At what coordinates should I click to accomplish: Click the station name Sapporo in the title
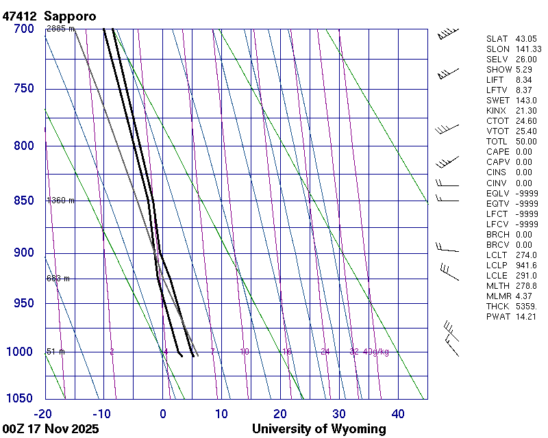click(70, 15)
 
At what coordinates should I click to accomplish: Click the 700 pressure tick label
click(23, 29)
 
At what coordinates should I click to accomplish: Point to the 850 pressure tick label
click(23, 201)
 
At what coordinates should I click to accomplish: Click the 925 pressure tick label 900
click(23, 253)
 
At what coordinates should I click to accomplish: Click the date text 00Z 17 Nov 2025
click(51, 429)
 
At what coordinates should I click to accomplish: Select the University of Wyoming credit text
click(319, 429)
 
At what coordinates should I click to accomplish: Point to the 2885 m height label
click(60, 29)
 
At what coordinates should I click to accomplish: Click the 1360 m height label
click(60, 201)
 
